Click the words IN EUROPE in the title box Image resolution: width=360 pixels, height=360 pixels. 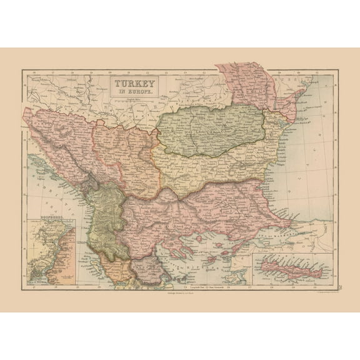135,91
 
